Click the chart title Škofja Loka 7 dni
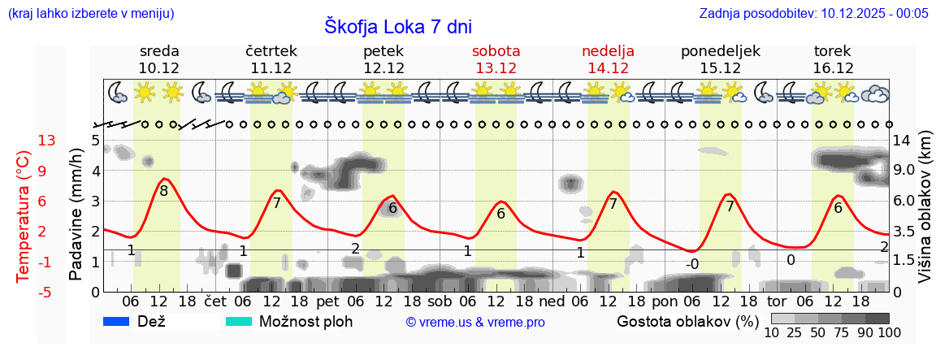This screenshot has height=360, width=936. coord(397,26)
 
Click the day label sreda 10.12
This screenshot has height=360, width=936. coord(159,59)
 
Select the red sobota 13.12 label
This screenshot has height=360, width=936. coord(496,59)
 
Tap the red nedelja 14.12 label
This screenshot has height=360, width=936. coord(608,59)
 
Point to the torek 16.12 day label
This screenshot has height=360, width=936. coord(833,59)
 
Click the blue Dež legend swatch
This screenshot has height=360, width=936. coord(117,322)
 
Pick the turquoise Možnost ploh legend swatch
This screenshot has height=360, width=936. coord(239,322)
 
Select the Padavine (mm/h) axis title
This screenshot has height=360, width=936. coord(76,215)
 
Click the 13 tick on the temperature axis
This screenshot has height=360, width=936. coord(47,141)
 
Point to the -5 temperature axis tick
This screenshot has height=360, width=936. coord(47,292)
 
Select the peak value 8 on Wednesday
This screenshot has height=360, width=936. coord(163,192)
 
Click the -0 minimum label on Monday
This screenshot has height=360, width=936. coord(691,264)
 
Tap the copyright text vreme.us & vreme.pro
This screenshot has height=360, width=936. coord(474,323)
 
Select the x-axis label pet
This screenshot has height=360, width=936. coord(327,301)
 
